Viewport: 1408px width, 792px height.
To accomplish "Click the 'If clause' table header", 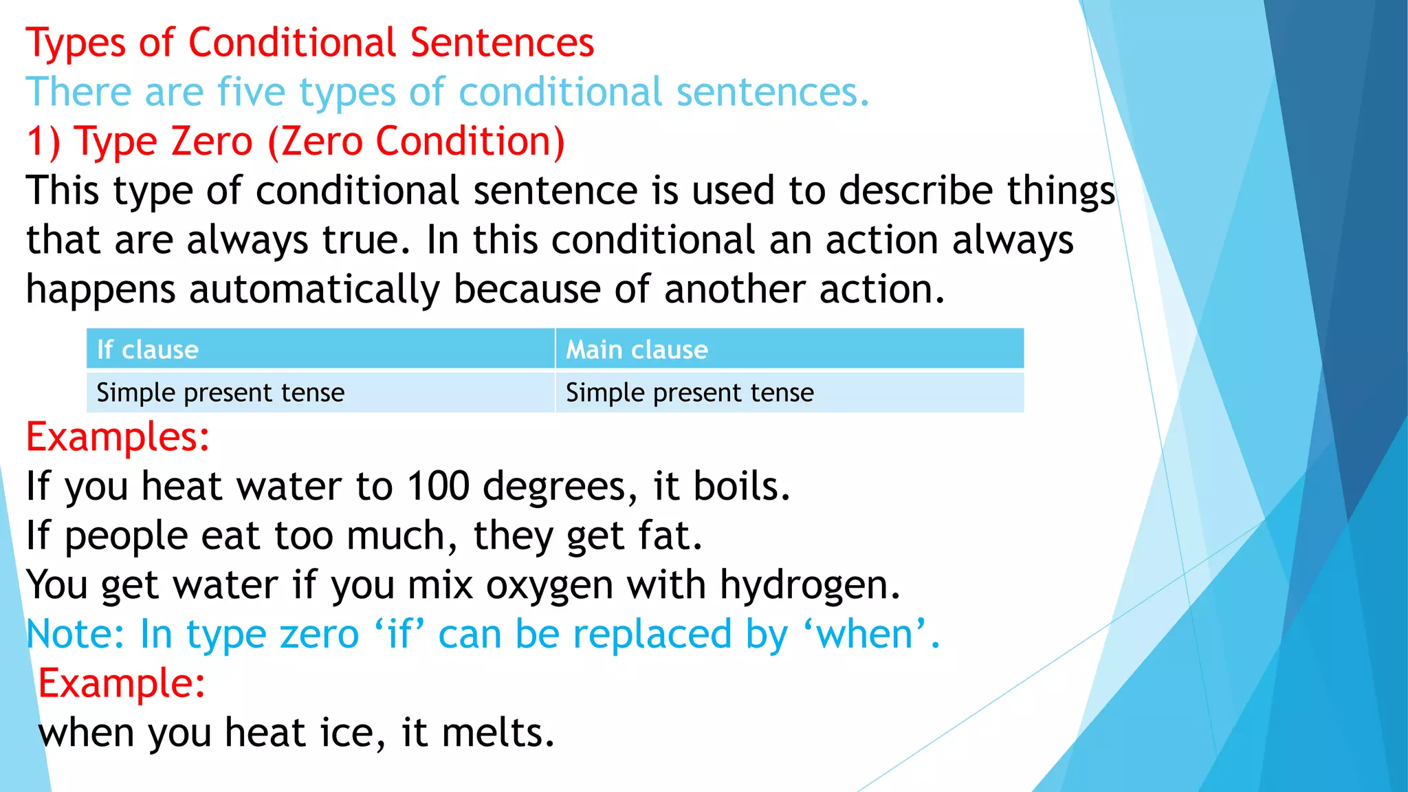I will click(147, 350).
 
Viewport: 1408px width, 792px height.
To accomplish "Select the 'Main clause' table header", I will click(636, 350).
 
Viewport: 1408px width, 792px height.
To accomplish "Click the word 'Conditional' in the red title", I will click(292, 43).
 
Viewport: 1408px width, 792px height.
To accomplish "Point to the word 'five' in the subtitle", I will click(251, 92).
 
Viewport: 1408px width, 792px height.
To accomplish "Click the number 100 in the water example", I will click(438, 486).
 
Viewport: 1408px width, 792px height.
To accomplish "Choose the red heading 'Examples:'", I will click(118, 437).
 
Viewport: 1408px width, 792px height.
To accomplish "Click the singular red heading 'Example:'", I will click(122, 683).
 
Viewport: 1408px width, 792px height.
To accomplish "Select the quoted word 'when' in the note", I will click(866, 634).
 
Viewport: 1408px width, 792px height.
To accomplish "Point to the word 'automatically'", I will click(314, 289).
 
